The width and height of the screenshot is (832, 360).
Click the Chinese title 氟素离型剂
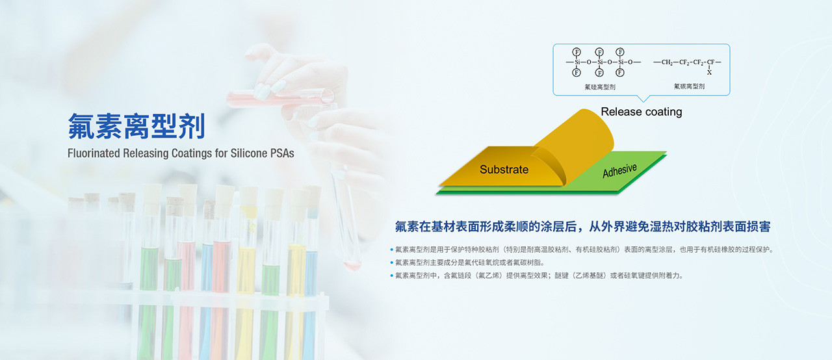click(136, 127)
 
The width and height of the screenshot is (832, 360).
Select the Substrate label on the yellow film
click(504, 170)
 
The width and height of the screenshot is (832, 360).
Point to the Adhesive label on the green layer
click(619, 170)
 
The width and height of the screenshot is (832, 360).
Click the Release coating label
click(642, 112)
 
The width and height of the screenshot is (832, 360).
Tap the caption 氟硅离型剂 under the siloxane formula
click(600, 87)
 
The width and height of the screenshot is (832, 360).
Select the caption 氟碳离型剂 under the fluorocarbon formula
click(689, 86)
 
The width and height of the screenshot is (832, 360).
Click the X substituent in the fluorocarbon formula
click(709, 73)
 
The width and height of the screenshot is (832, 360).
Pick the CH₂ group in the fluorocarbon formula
click(667, 62)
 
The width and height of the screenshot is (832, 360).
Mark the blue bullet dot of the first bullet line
click(391, 250)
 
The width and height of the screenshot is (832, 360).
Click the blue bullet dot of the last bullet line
click(391, 276)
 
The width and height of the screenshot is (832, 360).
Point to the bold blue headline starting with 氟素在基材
click(582, 226)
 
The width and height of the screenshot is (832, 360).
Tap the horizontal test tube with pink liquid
click(280, 98)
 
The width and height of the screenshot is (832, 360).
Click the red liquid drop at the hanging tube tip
click(352, 265)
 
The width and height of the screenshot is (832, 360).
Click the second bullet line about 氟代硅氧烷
click(469, 263)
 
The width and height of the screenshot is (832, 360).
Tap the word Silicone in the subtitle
click(248, 153)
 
